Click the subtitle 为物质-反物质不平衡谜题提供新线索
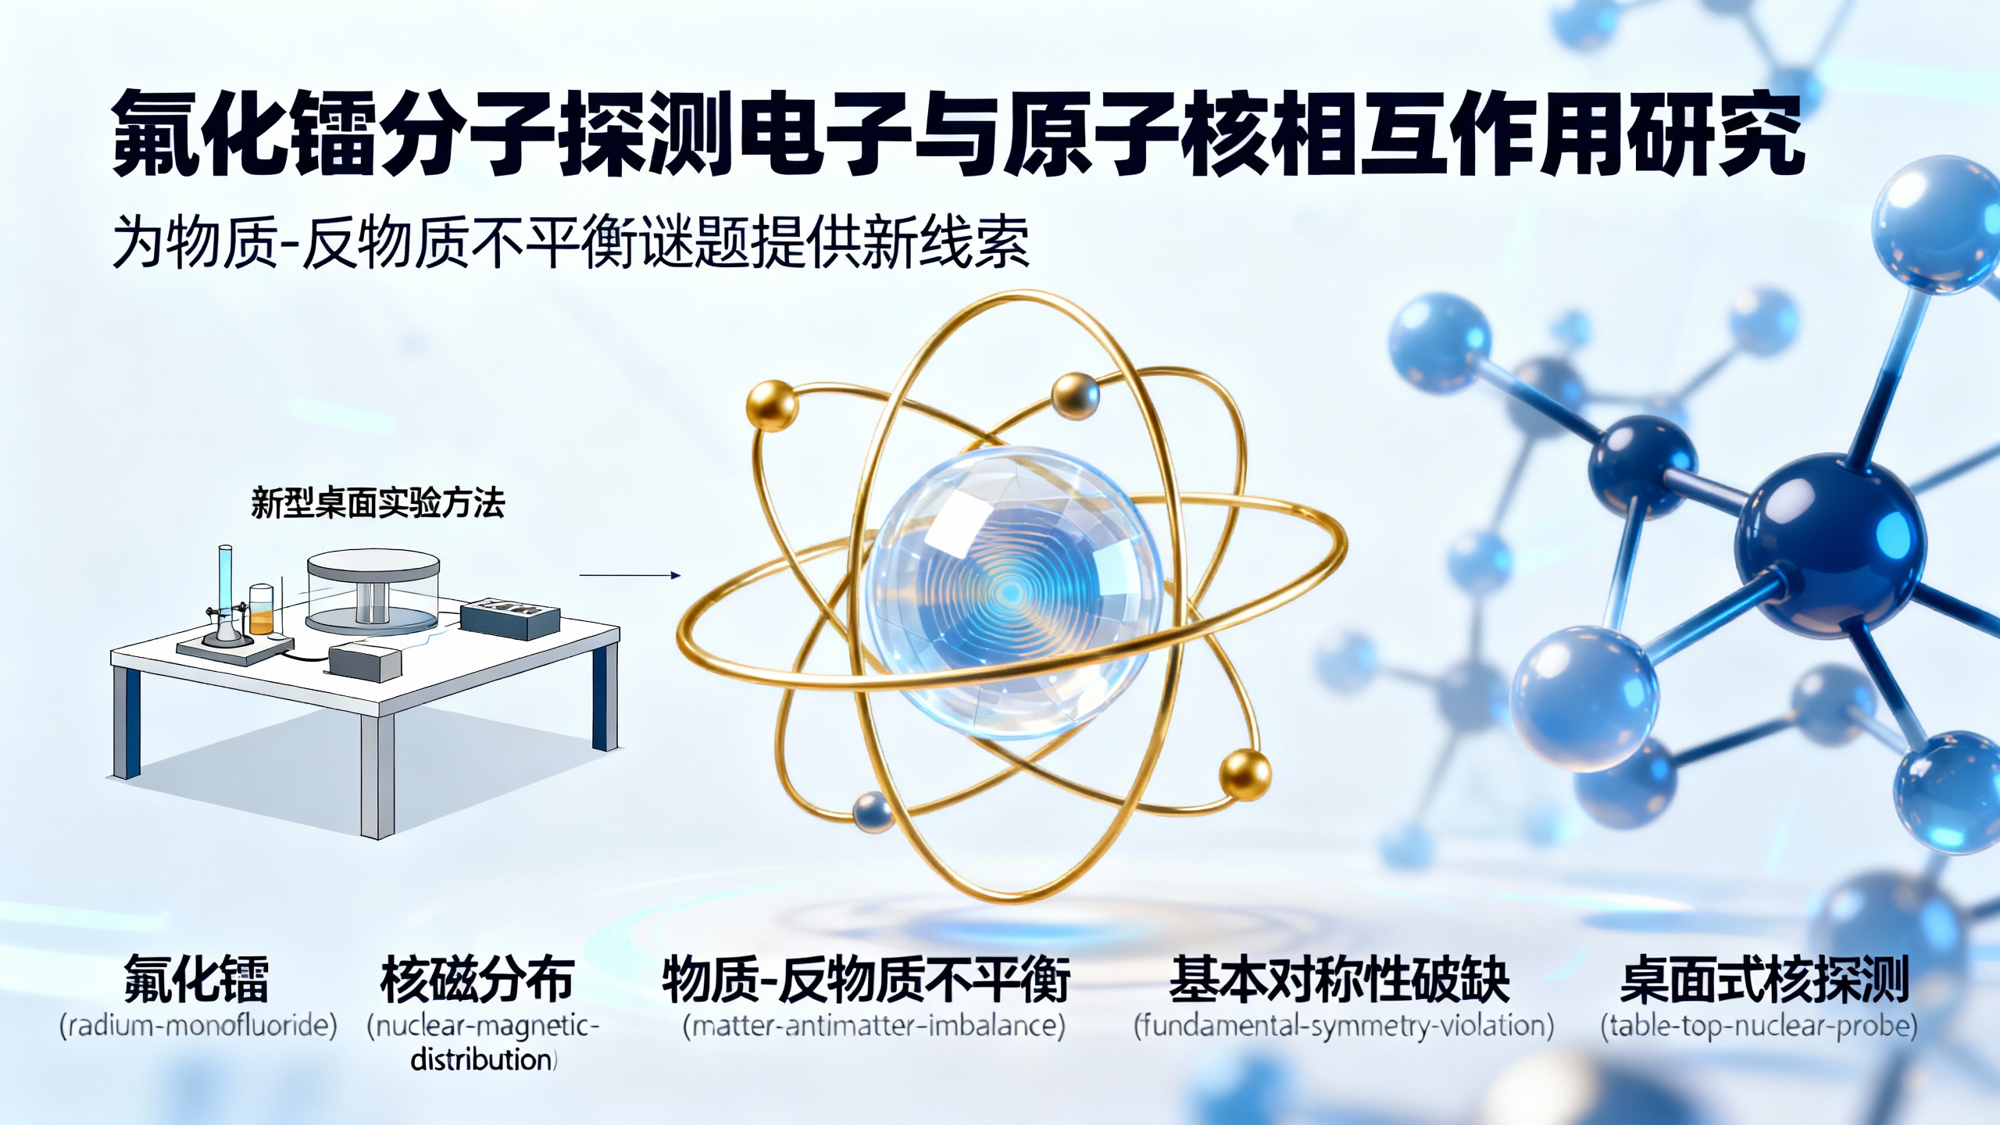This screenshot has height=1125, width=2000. click(570, 241)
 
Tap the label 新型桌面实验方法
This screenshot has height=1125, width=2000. click(377, 503)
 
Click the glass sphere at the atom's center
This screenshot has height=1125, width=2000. click(1014, 594)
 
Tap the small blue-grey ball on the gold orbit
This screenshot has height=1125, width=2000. click(872, 812)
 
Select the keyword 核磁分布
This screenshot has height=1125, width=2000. click(477, 980)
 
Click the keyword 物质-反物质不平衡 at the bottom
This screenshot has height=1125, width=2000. click(866, 980)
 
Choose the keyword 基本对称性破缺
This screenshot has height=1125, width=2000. click(1339, 980)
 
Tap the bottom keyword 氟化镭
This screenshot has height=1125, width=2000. click(196, 980)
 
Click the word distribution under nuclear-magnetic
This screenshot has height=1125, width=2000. click(482, 1060)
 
